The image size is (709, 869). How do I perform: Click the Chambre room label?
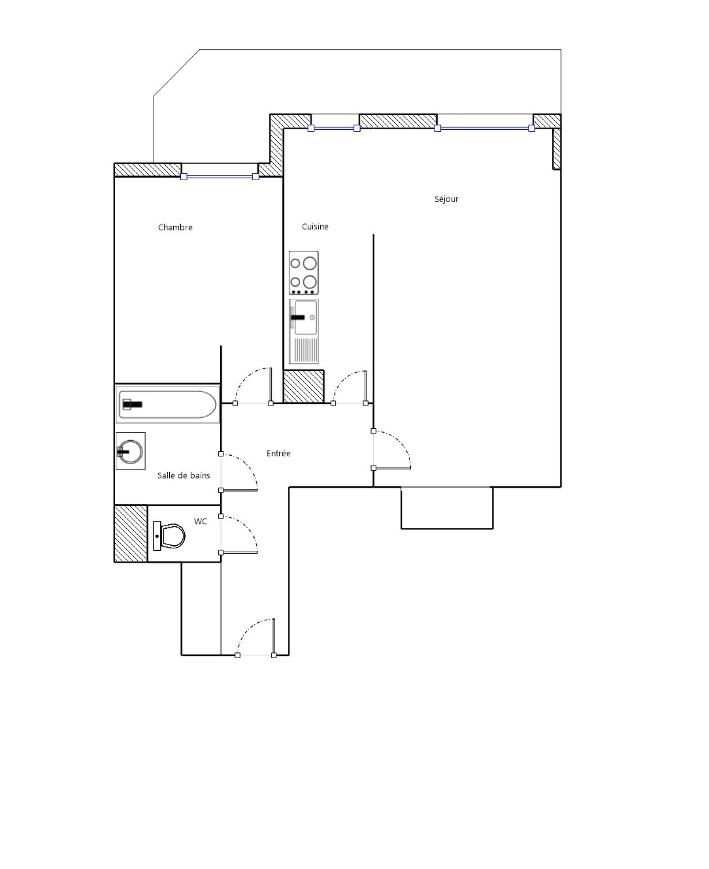[175, 227]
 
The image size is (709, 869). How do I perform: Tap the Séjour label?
[446, 199]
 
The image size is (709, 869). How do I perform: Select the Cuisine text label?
[315, 226]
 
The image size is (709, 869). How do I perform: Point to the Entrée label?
[278, 453]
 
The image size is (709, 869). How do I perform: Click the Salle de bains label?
[183, 475]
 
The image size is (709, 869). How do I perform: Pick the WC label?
[200, 521]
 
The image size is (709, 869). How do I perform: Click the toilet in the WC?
[169, 536]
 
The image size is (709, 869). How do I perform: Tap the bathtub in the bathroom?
[168, 404]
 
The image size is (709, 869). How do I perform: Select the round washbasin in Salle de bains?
[130, 451]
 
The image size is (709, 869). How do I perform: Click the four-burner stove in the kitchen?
[304, 273]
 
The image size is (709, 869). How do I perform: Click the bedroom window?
[220, 176]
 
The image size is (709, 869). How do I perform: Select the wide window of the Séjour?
[484, 128]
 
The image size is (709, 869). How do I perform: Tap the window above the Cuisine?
[334, 128]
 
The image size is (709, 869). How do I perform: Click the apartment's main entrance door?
[256, 637]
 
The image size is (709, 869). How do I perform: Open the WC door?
[239, 535]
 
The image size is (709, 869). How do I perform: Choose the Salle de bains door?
[239, 472]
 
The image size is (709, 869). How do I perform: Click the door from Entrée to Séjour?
[392, 450]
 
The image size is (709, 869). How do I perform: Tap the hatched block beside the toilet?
[131, 533]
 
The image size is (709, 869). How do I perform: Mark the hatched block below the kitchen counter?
[304, 387]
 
